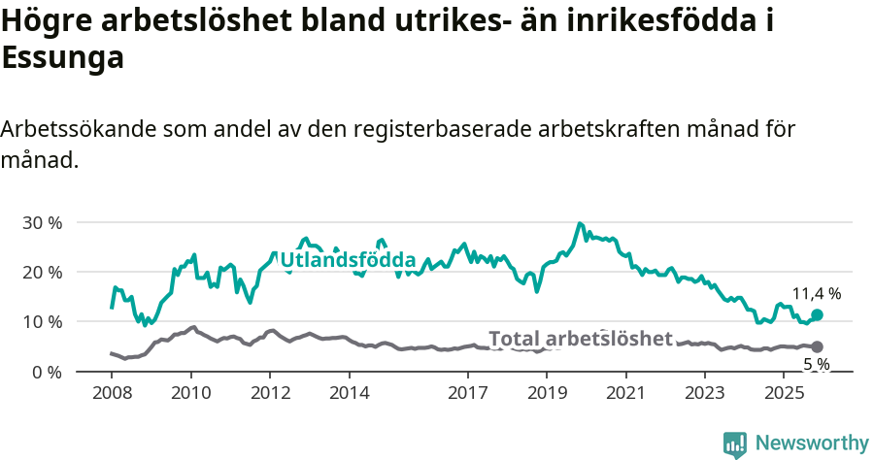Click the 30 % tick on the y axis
point(42,222)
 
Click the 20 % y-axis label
point(42,272)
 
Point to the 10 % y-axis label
point(42,321)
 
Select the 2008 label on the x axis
point(111,393)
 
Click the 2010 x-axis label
point(190,393)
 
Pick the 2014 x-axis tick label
point(349,393)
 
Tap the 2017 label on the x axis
point(467,393)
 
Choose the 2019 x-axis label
point(547,393)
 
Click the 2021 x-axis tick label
point(625,393)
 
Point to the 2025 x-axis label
point(784,393)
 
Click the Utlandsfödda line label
point(348,260)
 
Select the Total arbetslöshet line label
point(580,339)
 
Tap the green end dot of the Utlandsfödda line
point(817,314)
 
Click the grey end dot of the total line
point(817,346)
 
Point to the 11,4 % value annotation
point(816,293)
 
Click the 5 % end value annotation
point(816,364)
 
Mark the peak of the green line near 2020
point(580,224)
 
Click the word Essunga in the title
point(63,58)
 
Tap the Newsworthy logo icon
point(735,444)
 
